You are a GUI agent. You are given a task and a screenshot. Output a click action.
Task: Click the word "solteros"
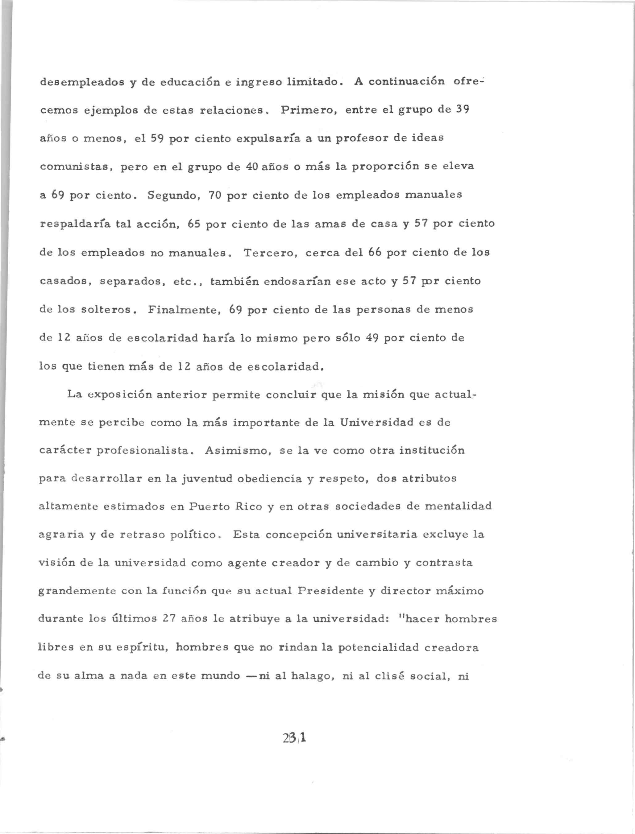[106, 309]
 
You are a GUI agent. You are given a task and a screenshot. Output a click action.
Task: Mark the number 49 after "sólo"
[373, 338]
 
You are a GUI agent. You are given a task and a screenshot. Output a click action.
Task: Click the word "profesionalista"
[143, 451]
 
